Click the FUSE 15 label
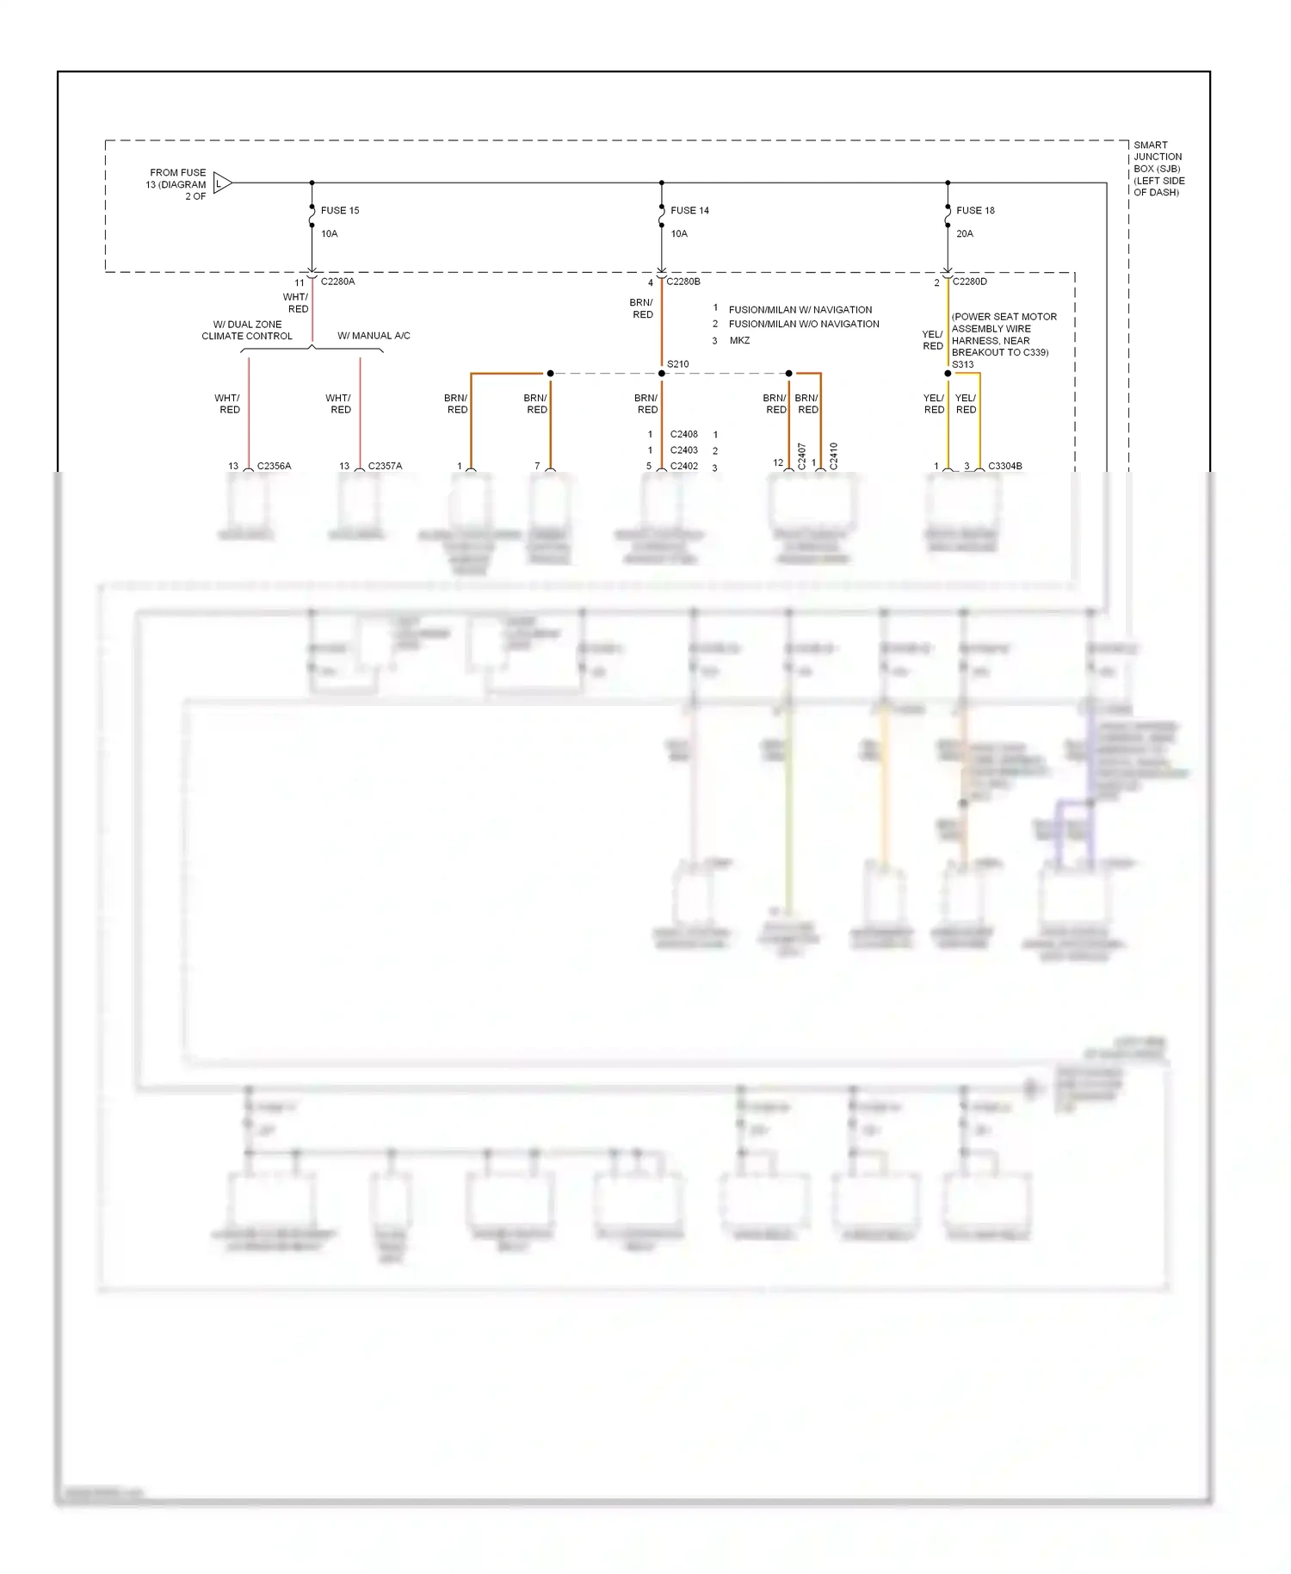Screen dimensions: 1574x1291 pos(340,210)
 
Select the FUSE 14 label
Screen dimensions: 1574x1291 pos(689,210)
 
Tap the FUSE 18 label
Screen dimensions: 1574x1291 pos(975,210)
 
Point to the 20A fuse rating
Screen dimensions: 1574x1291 pos(965,233)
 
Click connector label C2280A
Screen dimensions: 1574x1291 pos(337,282)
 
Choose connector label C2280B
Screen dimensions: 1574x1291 pos(683,282)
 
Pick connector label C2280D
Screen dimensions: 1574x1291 pos(970,282)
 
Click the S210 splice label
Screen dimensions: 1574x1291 pos(678,364)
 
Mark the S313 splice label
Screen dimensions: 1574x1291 pos(963,364)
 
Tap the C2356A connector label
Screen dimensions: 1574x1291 pos(274,466)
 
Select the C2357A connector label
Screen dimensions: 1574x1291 pos(385,466)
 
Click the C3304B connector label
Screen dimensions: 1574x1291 pos(1005,466)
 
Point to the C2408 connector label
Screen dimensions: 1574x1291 pos(684,434)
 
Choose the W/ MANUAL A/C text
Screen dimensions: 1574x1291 pos(374,336)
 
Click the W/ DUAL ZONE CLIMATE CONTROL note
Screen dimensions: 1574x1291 pos(247,330)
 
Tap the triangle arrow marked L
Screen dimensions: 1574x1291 pos(221,183)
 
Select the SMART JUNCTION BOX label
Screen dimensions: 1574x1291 pos(1158,169)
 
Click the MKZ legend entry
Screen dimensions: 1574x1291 pos(739,341)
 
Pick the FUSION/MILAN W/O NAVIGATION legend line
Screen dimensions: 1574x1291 pos(804,324)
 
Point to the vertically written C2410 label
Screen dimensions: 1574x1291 pos(833,455)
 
